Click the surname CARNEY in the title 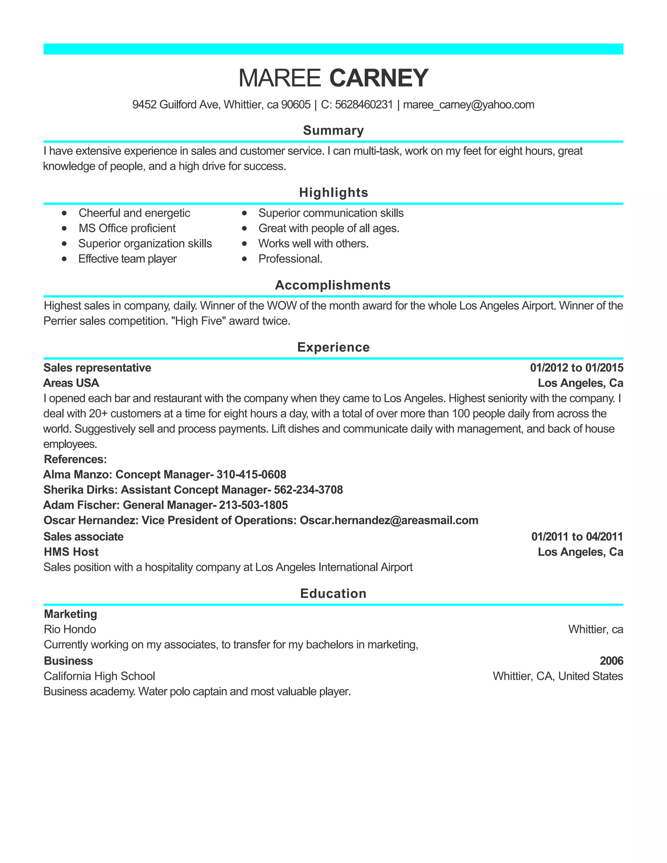tap(378, 78)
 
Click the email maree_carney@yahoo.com tap(468, 105)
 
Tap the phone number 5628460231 tap(363, 105)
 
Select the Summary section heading tap(333, 130)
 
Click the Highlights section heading tap(333, 192)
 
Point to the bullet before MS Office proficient tap(64, 228)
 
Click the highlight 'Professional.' tap(291, 259)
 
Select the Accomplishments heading tap(333, 285)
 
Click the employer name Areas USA tap(71, 383)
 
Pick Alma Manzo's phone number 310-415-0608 tap(251, 474)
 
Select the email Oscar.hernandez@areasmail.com tap(389, 520)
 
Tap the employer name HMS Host tap(71, 552)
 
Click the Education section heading tap(333, 593)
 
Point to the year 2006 tap(611, 661)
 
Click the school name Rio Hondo tap(70, 629)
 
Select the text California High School tap(99, 676)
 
